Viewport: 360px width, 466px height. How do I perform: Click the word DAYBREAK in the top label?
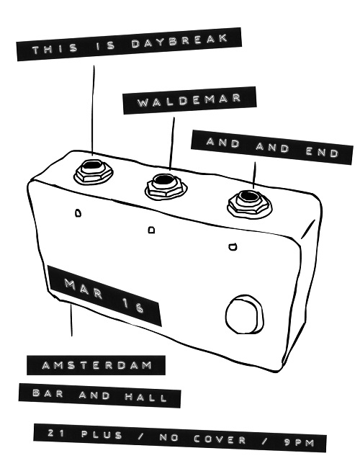(x=180, y=41)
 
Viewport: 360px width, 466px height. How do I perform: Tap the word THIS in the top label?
(x=55, y=49)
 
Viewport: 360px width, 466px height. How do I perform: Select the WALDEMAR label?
(x=189, y=100)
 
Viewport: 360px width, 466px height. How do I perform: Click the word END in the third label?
(x=322, y=153)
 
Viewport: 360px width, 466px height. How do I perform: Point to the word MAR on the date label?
(x=84, y=289)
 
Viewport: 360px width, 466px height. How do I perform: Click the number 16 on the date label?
(x=132, y=306)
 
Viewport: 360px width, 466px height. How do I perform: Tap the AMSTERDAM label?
(x=96, y=365)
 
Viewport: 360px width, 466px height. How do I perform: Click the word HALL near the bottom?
(x=145, y=397)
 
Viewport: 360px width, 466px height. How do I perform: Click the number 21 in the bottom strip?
(x=56, y=433)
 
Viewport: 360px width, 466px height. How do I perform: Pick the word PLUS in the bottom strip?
(x=102, y=435)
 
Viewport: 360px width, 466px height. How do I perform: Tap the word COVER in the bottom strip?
(x=220, y=439)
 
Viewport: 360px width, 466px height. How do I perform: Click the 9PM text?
(x=299, y=443)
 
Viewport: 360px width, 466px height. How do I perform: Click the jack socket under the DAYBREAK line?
(x=94, y=171)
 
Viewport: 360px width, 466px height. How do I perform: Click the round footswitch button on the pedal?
(x=244, y=315)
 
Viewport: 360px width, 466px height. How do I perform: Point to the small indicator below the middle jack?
(x=151, y=230)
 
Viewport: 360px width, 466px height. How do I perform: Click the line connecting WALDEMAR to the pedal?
(x=172, y=143)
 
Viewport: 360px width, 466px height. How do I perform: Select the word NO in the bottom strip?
(x=168, y=437)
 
